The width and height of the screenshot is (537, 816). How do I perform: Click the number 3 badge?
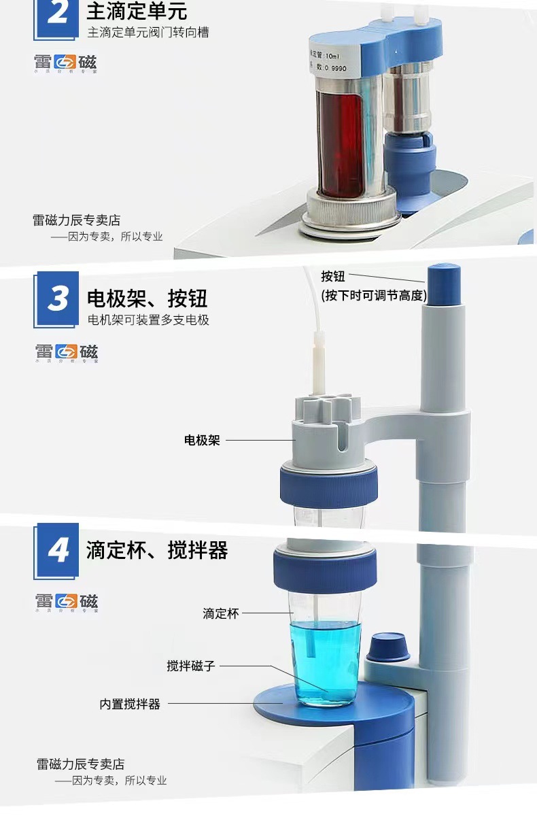point(58,299)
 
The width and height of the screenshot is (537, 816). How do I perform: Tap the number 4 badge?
point(58,551)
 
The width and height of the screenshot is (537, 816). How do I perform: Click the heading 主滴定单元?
point(137,12)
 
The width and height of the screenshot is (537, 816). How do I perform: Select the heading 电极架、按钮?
point(147,298)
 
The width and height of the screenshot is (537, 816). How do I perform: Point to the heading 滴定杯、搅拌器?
point(156,550)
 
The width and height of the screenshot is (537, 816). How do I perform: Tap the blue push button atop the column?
point(444,284)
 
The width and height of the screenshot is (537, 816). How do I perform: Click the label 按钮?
point(333,276)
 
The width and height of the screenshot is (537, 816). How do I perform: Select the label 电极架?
point(203,440)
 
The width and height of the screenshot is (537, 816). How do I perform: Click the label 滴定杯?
point(221,613)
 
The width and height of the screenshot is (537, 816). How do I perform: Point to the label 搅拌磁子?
point(191,666)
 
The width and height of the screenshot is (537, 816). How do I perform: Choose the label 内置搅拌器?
point(130,704)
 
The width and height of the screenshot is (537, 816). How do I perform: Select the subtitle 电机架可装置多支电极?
point(148,320)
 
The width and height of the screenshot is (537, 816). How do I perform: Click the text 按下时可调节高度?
point(374,295)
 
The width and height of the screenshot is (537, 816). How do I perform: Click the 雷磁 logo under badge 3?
point(67,352)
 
